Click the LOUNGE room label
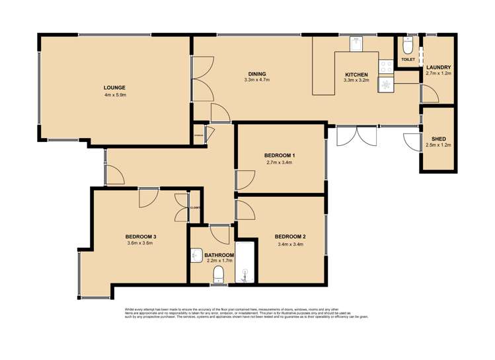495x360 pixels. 114,87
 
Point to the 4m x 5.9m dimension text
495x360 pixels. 114,95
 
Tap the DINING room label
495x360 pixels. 257,73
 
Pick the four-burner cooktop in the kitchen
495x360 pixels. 385,65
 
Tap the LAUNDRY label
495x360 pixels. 439,67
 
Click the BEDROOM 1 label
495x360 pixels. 280,155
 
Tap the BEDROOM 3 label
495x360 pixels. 140,236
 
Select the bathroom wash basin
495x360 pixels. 195,255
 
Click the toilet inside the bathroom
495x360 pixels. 220,275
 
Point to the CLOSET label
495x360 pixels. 195,207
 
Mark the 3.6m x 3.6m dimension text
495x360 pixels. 140,243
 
